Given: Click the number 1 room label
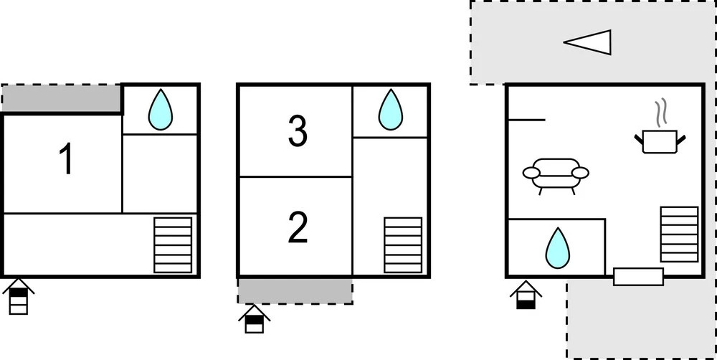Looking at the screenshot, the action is [67, 159].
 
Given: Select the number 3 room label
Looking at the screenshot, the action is [298, 131].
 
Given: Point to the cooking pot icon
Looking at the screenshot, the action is [660, 141].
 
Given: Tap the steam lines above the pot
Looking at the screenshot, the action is [660, 113].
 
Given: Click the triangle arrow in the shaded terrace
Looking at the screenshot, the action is [587, 42].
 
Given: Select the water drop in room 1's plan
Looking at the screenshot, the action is [161, 110].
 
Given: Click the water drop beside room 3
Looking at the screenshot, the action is [391, 110].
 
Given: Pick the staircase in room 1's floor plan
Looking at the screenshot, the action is [173, 245].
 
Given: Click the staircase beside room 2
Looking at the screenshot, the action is [403, 245].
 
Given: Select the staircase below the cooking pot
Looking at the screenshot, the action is [679, 235].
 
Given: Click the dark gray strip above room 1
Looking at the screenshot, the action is [62, 98].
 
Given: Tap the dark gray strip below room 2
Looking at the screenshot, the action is [295, 290].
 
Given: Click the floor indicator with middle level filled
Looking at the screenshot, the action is [255, 318].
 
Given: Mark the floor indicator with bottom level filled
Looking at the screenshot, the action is [526, 295].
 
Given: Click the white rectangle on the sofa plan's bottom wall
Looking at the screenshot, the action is [638, 277].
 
